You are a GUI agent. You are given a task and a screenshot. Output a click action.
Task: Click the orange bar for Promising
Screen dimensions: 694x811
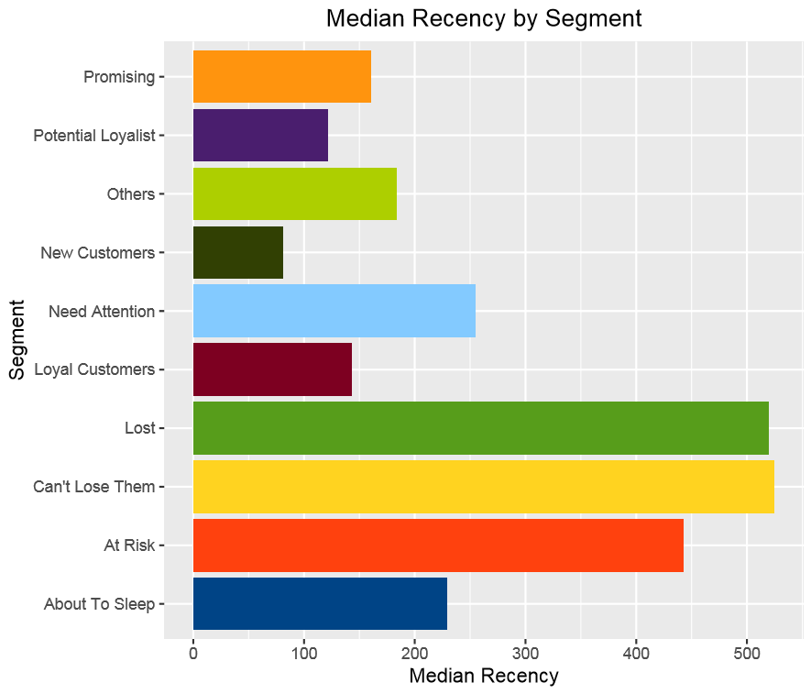click(281, 76)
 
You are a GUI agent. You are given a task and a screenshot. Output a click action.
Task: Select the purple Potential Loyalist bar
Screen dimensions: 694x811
click(260, 135)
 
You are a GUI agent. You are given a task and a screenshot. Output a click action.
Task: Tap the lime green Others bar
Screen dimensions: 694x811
click(294, 193)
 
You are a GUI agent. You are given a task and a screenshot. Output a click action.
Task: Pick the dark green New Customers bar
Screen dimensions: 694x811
click(237, 252)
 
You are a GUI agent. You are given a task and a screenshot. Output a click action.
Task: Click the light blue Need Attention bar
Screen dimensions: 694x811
click(334, 311)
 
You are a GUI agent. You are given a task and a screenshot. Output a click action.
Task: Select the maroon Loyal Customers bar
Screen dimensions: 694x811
click(272, 369)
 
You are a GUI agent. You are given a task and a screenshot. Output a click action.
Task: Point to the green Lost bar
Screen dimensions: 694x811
click(480, 428)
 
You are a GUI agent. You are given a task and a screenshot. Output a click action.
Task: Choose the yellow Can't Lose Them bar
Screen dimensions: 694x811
click(483, 487)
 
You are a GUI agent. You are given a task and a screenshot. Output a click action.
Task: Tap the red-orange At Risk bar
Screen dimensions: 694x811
click(438, 545)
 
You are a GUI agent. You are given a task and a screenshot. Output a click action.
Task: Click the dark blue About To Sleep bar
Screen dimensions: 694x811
click(320, 603)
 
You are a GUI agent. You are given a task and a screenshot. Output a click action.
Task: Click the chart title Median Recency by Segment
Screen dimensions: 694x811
click(484, 18)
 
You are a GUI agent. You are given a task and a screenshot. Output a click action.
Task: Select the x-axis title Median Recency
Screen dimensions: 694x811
click(483, 677)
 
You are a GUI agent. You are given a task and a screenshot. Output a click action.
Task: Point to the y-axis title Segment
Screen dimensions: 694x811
click(16, 340)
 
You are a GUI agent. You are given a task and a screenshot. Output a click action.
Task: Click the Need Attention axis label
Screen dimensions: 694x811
click(101, 312)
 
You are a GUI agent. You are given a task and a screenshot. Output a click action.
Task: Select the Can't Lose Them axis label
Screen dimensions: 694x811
click(94, 487)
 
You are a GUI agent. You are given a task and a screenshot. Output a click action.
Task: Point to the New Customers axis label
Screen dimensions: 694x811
click(97, 253)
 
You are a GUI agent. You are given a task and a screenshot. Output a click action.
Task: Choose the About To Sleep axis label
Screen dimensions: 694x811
click(99, 604)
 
